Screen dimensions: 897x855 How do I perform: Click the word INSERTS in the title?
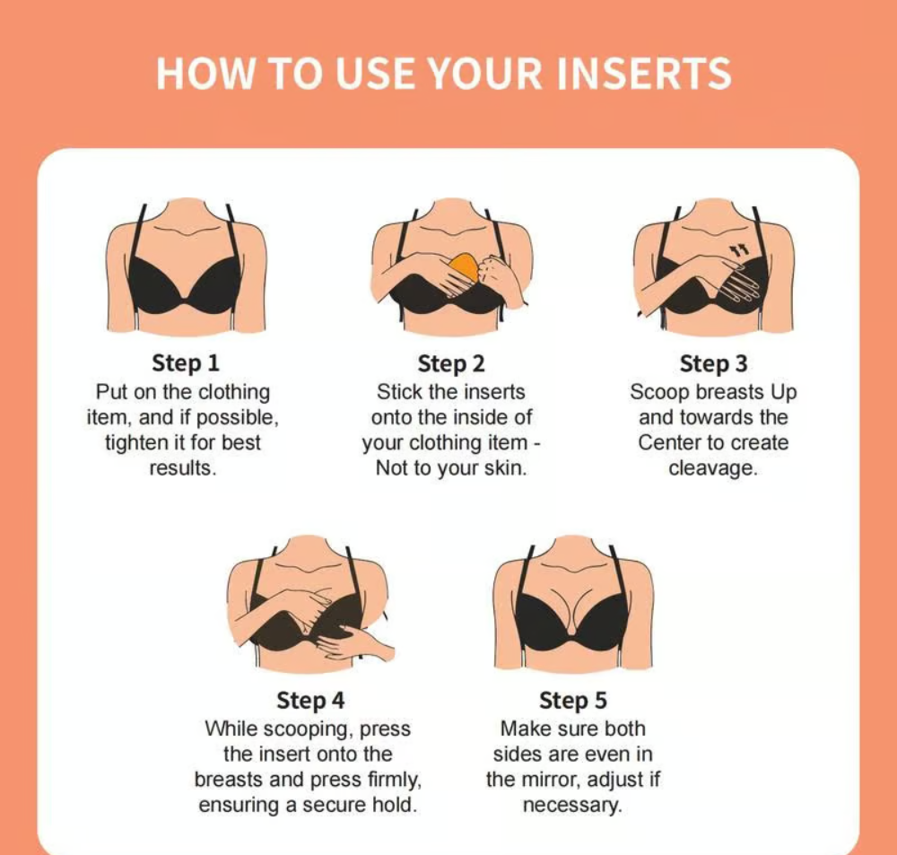pyautogui.click(x=643, y=74)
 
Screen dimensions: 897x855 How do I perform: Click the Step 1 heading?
pyautogui.click(x=186, y=362)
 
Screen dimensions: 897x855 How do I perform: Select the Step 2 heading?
pyautogui.click(x=451, y=363)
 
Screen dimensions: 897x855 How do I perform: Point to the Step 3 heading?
pyautogui.click(x=713, y=363)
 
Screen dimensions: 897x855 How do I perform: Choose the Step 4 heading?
pyautogui.click(x=310, y=700)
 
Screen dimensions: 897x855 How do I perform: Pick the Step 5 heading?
pyautogui.click(x=573, y=700)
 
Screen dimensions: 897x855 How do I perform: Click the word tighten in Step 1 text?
pyautogui.click(x=133, y=443)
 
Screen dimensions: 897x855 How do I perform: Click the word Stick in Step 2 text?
pyautogui.click(x=400, y=392)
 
